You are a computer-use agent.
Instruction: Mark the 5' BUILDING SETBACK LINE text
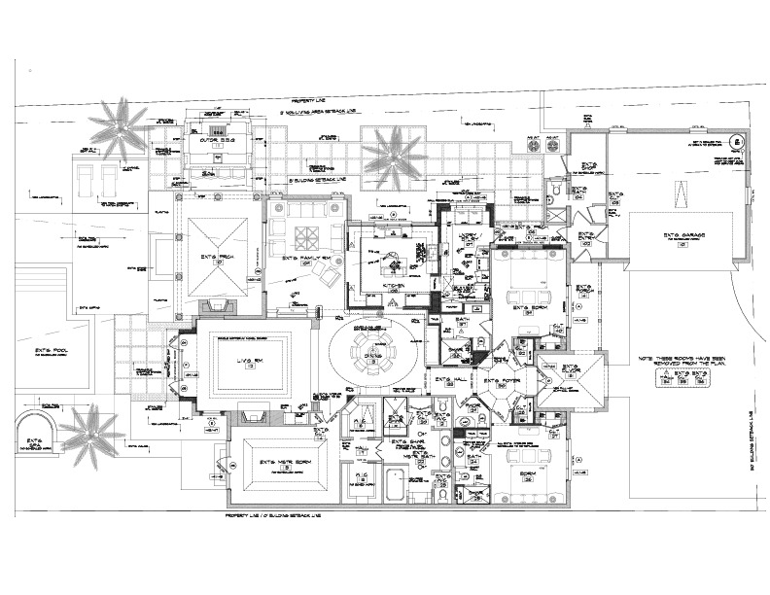click(x=320, y=181)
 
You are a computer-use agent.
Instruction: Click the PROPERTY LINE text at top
click(x=310, y=101)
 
